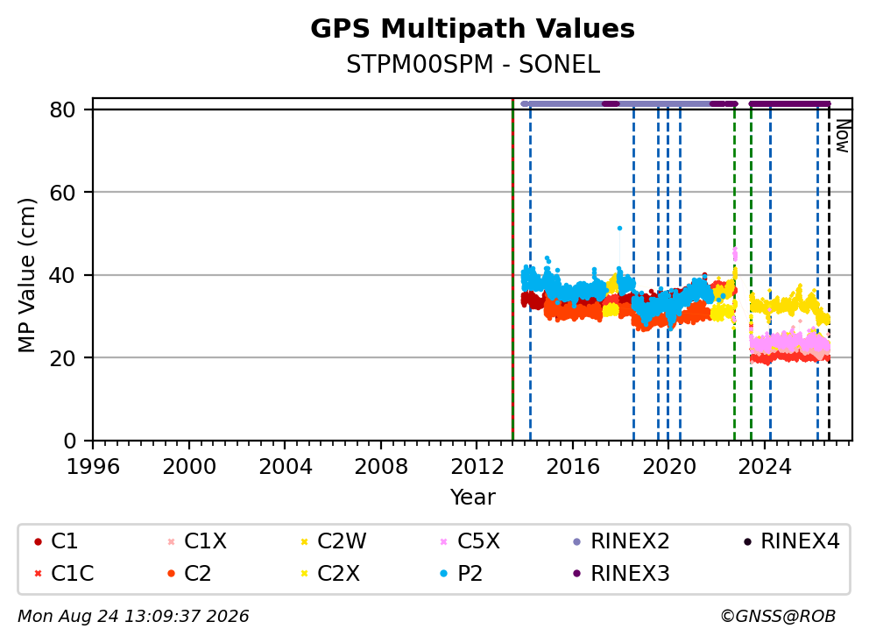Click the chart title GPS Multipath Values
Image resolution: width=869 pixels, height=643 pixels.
pos(472,29)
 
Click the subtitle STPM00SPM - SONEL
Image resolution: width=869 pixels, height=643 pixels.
pos(473,65)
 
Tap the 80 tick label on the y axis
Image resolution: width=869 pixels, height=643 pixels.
pos(62,110)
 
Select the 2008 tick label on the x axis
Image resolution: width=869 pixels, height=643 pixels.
pos(381,467)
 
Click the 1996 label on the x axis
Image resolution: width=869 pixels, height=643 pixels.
pos(93,467)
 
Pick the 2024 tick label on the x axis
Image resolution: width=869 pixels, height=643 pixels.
pos(765,467)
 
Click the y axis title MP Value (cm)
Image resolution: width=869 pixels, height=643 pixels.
pos(26,275)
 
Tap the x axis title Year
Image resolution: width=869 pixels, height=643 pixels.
pos(473,498)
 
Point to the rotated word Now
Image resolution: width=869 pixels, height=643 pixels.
pos(843,137)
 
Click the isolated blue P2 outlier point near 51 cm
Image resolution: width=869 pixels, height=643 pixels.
pos(619,229)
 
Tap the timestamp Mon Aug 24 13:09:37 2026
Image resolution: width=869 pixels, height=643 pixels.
pos(133,617)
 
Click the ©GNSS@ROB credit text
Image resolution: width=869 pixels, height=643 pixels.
pos(778,617)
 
